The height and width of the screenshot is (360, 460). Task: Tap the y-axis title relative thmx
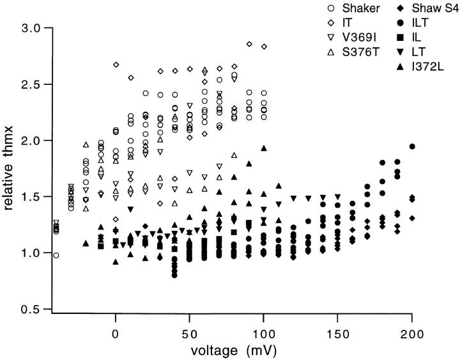[x=11, y=169]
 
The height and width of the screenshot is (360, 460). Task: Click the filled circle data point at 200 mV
[x=412, y=146]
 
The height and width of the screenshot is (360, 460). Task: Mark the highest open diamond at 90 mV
[x=249, y=43]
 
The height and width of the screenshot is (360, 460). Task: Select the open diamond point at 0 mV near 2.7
[x=116, y=65]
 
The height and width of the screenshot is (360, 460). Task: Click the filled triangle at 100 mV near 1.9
[x=264, y=148]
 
